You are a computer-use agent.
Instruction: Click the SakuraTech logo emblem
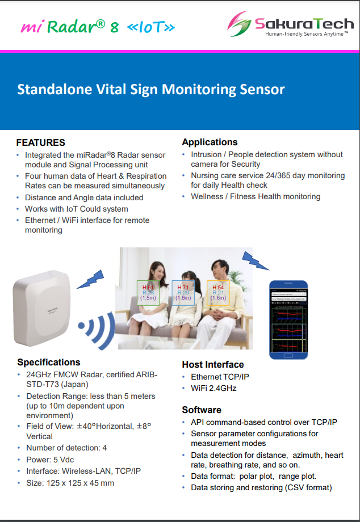[238, 24]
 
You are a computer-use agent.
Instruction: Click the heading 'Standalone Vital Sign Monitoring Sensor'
[150, 89]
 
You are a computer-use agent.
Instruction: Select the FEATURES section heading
[40, 142]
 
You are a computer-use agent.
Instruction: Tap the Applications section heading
[210, 142]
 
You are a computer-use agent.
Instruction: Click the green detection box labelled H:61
[148, 292]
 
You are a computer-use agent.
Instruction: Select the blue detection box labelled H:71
[183, 293]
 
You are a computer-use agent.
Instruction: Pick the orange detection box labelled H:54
[218, 293]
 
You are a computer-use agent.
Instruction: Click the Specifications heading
[49, 362]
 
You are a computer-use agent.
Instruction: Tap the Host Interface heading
[213, 364]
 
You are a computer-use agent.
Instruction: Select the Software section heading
[202, 410]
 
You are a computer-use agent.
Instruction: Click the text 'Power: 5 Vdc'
[50, 460]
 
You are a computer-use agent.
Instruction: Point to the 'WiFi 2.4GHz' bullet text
[214, 388]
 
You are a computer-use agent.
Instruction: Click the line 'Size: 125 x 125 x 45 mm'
[70, 483]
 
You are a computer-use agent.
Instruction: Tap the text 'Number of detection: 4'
[66, 448]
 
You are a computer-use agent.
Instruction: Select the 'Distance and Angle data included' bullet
[84, 197]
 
